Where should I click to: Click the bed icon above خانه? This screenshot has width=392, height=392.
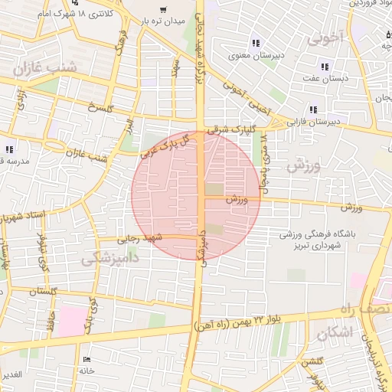coord(86,359)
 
